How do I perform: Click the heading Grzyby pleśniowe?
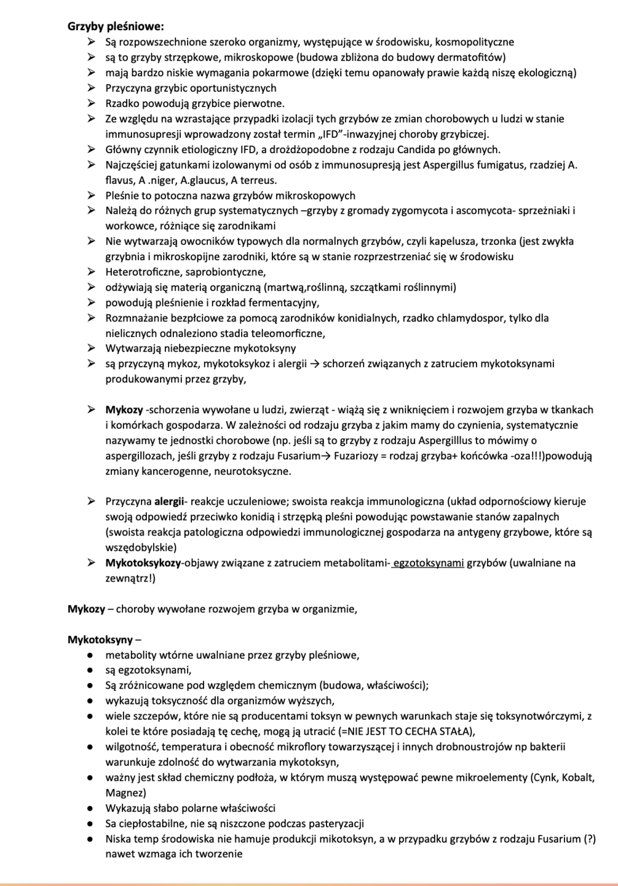(116, 26)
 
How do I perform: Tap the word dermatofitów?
(474, 57)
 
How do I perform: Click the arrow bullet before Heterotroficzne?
(91, 272)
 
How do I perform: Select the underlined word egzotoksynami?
(429, 563)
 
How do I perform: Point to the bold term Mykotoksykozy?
(143, 563)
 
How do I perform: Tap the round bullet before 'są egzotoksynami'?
(90, 670)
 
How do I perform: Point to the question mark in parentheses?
(589, 839)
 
